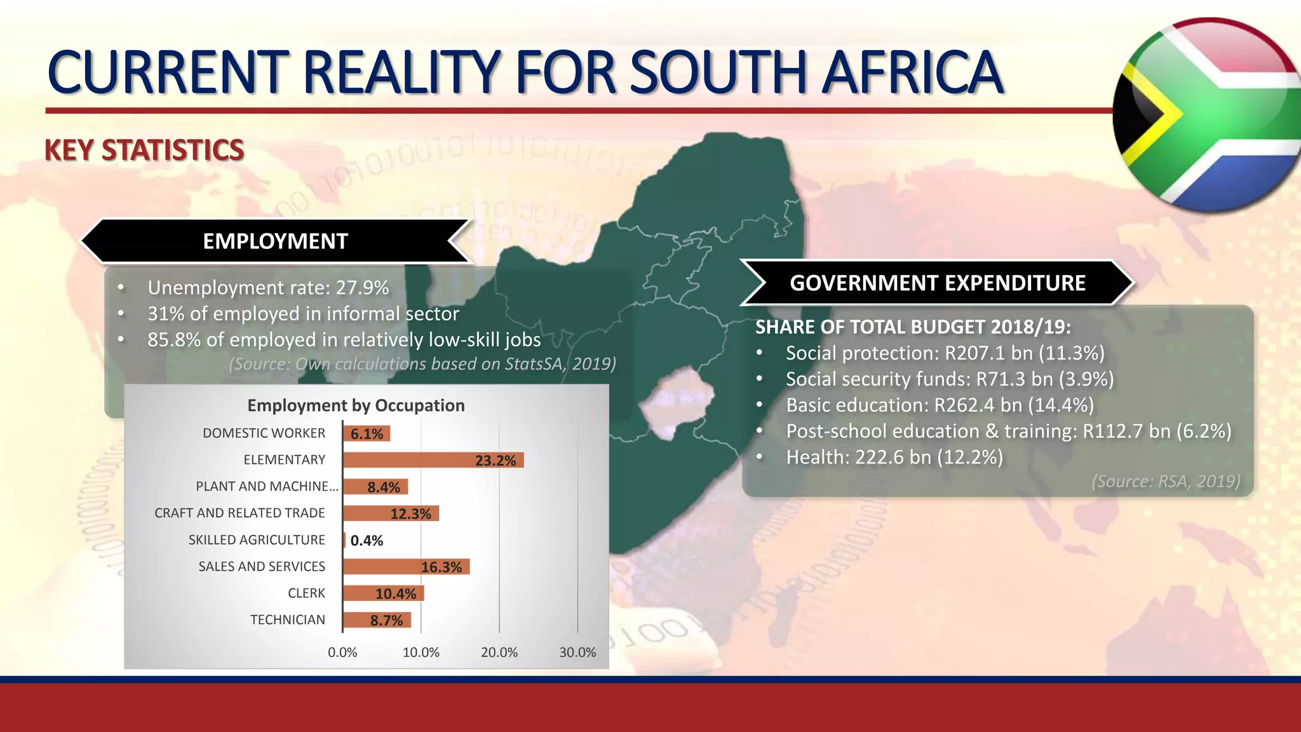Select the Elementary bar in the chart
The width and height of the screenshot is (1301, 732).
[x=433, y=460]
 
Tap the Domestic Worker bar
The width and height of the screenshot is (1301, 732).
[x=367, y=433]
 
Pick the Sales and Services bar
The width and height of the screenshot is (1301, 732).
[x=407, y=567]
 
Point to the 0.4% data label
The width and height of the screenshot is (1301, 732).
[x=367, y=541]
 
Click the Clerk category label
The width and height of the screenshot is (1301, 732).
[x=306, y=593]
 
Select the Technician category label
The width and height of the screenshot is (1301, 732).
[x=287, y=620]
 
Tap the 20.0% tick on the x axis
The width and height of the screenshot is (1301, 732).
[x=499, y=653]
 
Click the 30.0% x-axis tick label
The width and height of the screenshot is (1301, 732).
[x=577, y=653]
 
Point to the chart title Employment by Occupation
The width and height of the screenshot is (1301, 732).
[x=356, y=405]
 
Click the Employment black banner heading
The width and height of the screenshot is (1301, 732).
[x=275, y=241]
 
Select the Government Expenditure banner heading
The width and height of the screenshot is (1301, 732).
[x=937, y=283]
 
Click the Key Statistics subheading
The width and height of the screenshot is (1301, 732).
[x=144, y=151]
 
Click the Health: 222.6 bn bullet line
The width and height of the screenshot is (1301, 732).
[x=894, y=457]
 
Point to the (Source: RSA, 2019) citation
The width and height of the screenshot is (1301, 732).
[x=1166, y=482]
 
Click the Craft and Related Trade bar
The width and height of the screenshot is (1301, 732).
[x=391, y=513]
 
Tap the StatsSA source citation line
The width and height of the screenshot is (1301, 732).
[x=422, y=364]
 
